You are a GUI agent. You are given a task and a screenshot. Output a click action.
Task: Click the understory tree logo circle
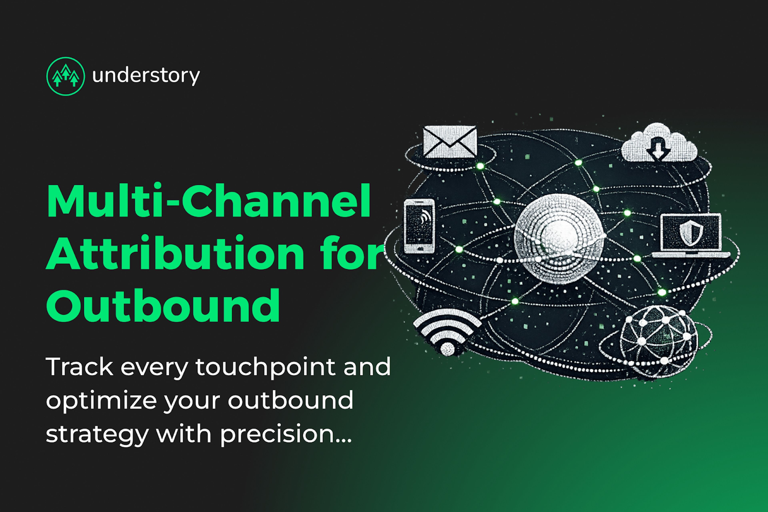pos(66,76)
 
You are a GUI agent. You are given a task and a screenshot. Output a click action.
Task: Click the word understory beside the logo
pos(146,76)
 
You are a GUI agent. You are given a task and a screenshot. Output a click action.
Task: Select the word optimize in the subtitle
pos(101,401)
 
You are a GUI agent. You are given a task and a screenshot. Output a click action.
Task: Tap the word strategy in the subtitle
pos(97,434)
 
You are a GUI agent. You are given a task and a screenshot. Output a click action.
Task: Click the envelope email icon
pos(450,142)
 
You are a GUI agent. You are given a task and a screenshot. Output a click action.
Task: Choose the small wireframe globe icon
pos(659,341)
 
